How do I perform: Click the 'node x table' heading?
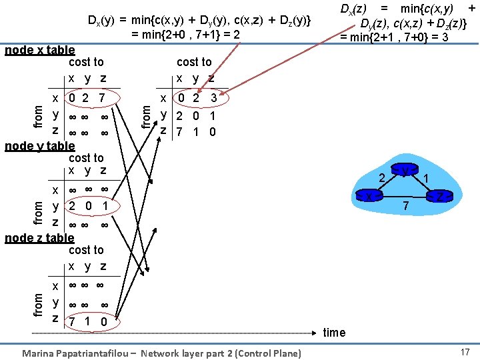(x=39, y=50)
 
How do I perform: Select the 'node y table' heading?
(x=39, y=146)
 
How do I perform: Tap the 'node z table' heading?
(x=39, y=238)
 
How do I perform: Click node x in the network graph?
(x=369, y=196)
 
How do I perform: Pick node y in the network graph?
(x=405, y=171)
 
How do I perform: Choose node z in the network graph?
(x=440, y=195)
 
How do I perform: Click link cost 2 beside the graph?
(x=382, y=178)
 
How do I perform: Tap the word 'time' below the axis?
(x=334, y=332)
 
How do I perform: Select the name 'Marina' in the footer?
(x=39, y=353)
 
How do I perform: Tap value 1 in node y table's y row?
(x=105, y=206)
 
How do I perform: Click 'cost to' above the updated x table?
(x=193, y=62)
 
